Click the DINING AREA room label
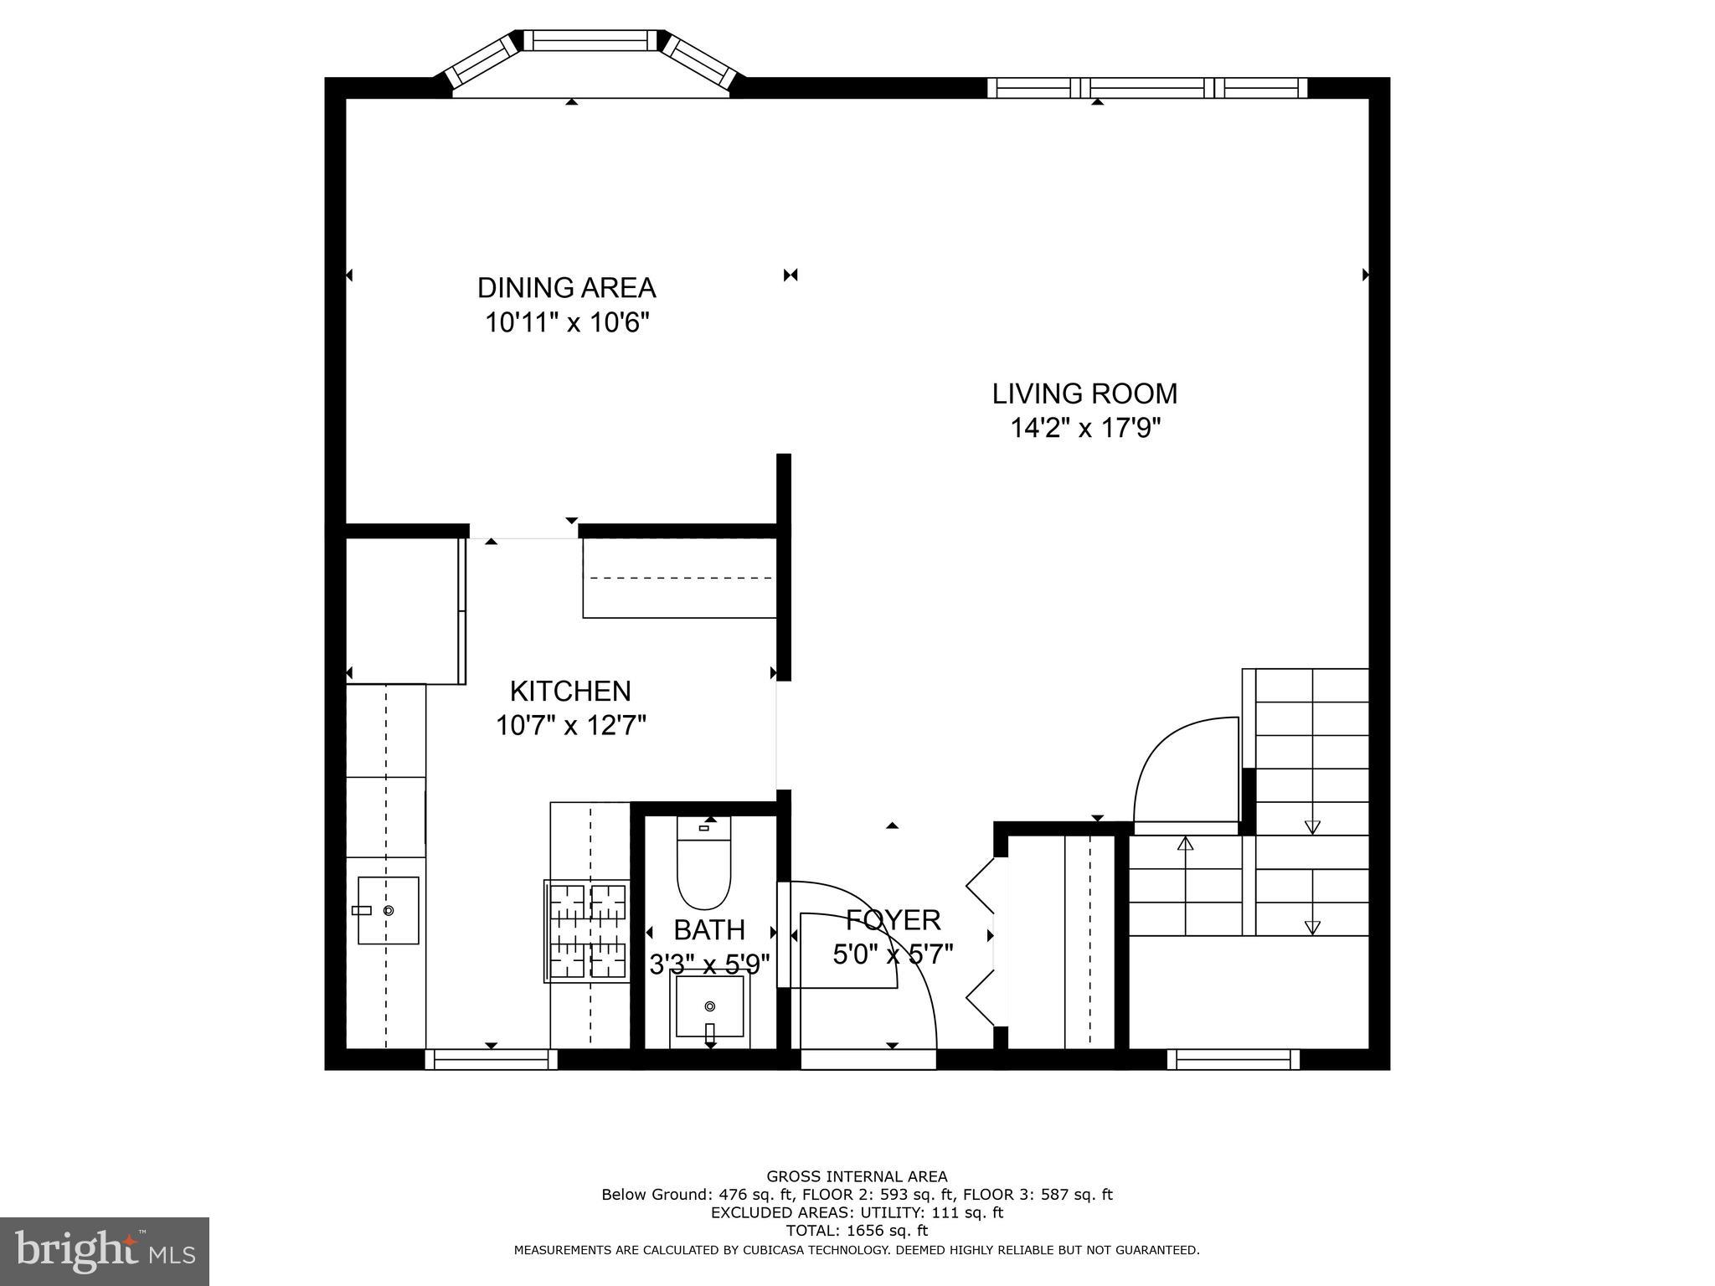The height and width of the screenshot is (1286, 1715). (566, 288)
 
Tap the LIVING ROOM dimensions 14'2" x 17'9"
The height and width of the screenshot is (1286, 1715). (1084, 429)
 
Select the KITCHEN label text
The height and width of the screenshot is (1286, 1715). (570, 692)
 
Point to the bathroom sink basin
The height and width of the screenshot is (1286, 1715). (710, 1006)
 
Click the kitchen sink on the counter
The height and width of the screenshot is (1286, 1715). (388, 911)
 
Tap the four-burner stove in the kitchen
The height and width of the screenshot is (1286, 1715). (587, 931)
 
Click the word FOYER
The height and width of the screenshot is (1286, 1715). (893, 920)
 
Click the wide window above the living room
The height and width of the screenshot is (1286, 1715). (1147, 88)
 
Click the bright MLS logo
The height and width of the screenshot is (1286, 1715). (104, 1251)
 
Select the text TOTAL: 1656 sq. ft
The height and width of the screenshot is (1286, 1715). (857, 1231)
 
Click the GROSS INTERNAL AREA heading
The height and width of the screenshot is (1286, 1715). (857, 1176)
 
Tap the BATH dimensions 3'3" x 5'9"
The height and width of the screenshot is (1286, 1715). (709, 965)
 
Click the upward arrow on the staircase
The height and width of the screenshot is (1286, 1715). (1185, 844)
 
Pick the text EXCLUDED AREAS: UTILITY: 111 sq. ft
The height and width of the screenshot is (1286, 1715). (857, 1212)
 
